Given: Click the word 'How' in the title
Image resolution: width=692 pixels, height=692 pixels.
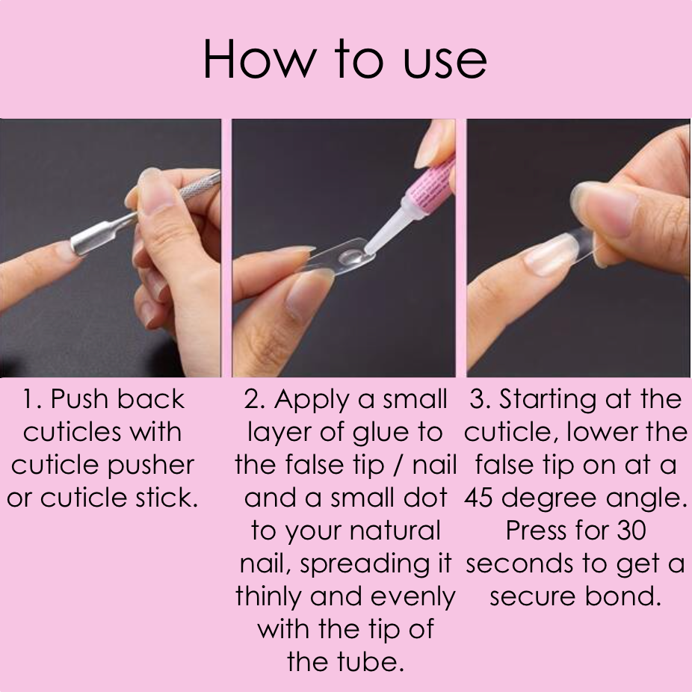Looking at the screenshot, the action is pyautogui.click(x=260, y=59).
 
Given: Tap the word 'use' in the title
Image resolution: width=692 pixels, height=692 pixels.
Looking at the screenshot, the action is pyautogui.click(x=445, y=63).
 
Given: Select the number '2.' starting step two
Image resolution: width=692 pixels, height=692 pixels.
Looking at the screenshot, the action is pyautogui.click(x=254, y=400).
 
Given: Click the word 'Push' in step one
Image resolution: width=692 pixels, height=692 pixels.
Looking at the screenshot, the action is pyautogui.click(x=79, y=399).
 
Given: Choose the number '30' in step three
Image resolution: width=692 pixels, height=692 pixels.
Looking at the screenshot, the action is pyautogui.click(x=631, y=531).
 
